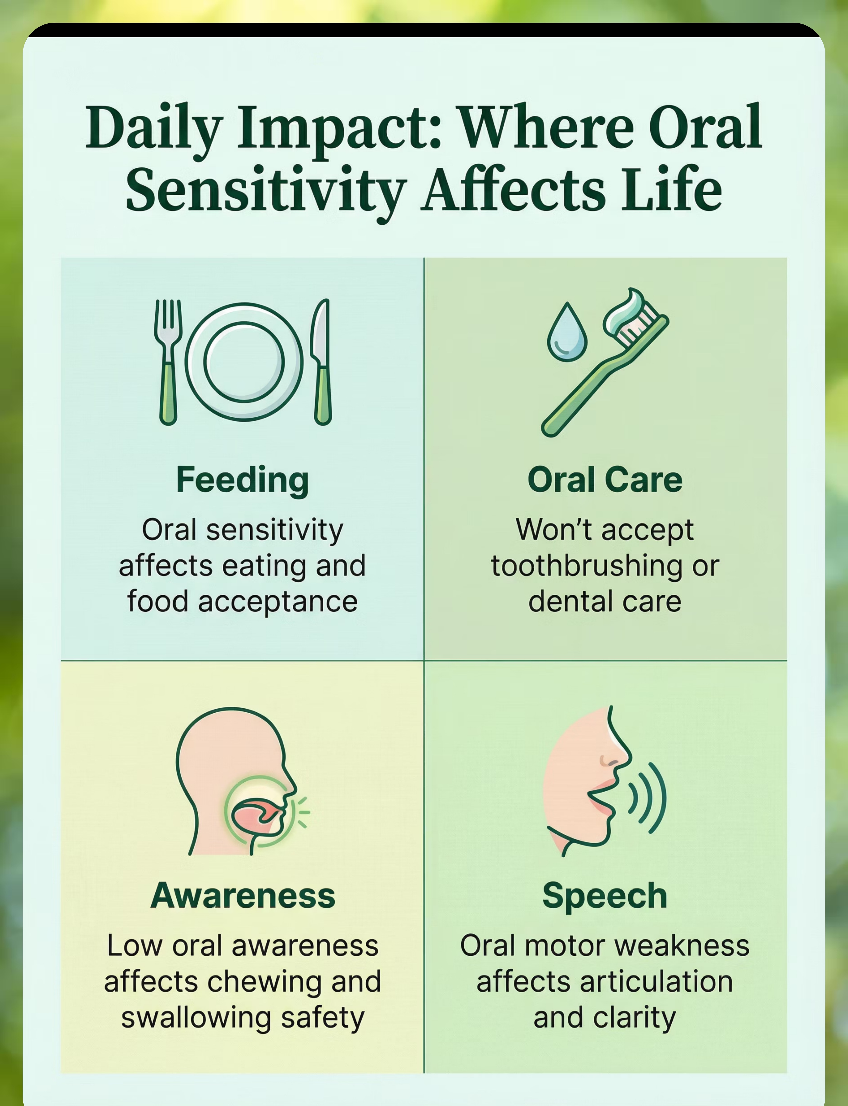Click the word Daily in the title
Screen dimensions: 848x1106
pos(154,128)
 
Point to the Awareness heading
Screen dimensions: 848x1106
pos(243,895)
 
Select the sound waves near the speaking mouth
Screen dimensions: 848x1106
pos(648,798)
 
